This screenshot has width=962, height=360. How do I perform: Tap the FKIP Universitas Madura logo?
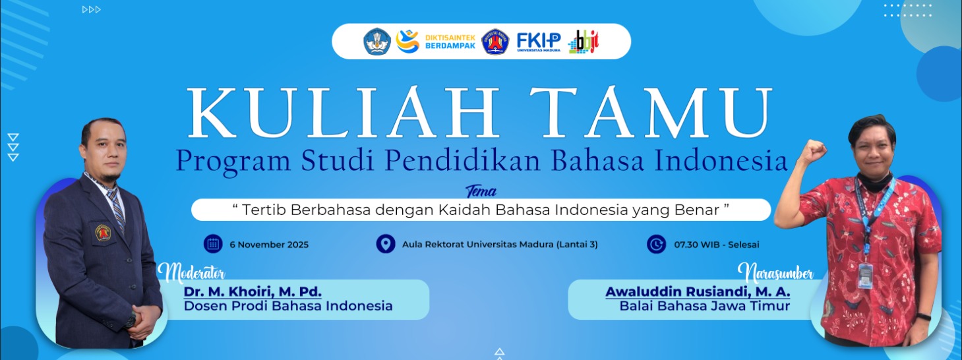pos(539,42)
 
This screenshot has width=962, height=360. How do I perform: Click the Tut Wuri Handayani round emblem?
pos(377,42)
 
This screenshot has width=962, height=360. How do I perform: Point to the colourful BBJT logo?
pos(584,42)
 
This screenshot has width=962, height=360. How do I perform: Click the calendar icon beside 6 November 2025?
pos(213,244)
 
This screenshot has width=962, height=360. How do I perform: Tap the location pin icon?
pos(386,244)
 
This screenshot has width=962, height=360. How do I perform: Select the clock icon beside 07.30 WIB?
pos(657,244)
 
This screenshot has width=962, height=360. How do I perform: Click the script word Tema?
pos(481,192)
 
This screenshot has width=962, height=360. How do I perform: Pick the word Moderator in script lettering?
pos(192,272)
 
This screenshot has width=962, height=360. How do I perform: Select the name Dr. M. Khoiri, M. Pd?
pos(253,291)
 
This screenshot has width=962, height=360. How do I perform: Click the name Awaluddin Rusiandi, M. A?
pos(698,291)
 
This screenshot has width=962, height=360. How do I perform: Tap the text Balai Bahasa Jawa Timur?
pos(704,306)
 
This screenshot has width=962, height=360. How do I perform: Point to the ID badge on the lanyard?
pos(865,272)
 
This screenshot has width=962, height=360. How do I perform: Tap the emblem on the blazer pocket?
pos(104,231)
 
